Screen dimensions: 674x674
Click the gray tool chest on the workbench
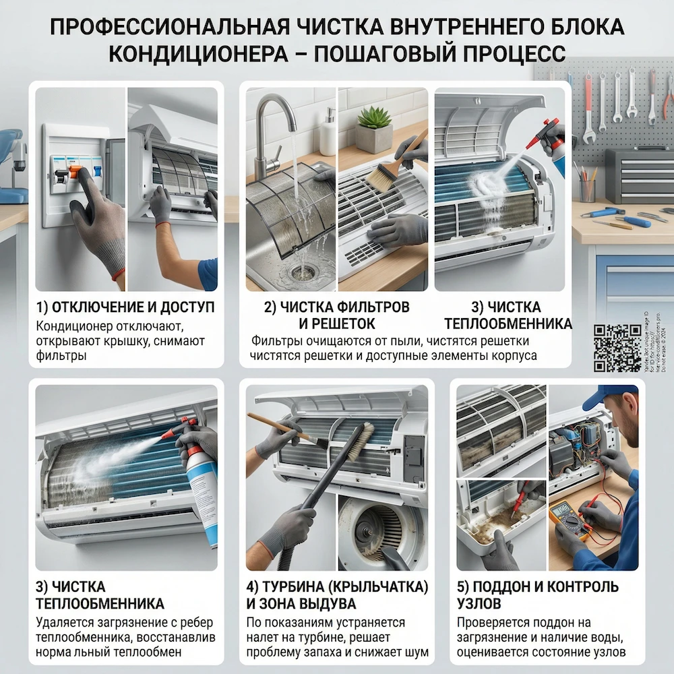(638, 176)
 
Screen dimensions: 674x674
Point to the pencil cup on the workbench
(587, 189)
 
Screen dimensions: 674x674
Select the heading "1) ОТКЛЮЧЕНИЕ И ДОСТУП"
(125, 307)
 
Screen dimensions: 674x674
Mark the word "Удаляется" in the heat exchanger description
(63, 623)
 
